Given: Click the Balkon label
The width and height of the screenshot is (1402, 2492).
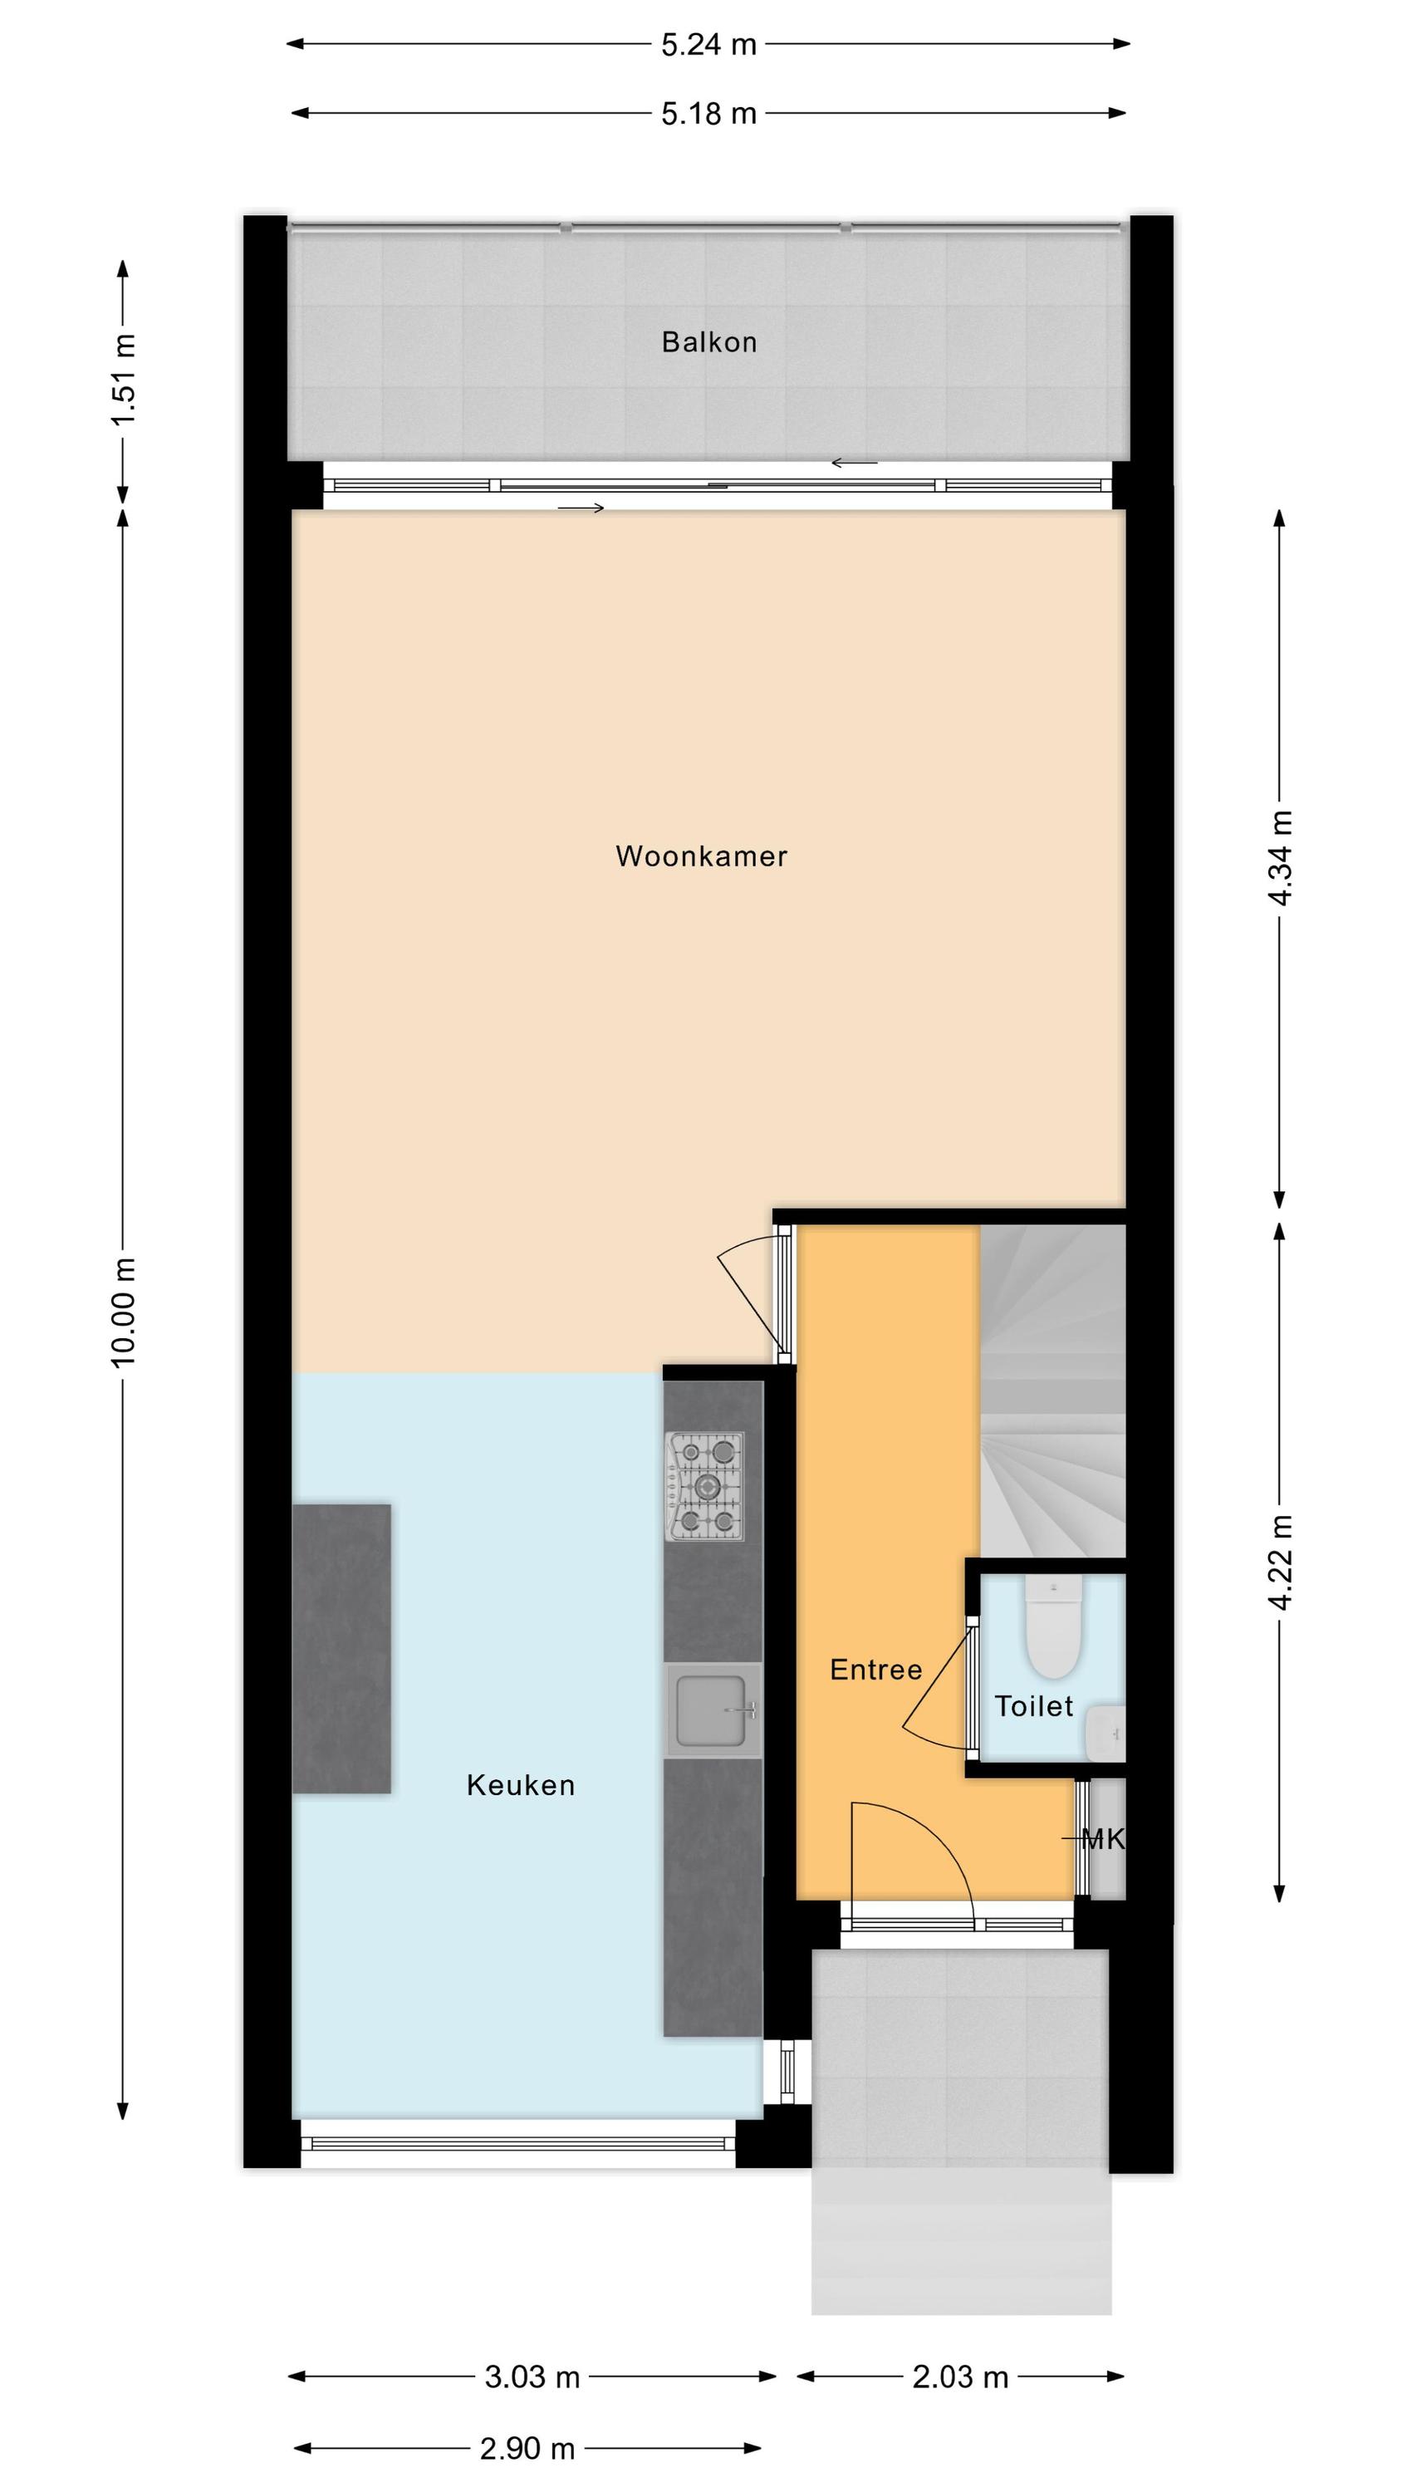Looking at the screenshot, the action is point(709,342).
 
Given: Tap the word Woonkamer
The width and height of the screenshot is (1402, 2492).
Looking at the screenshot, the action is point(702,856).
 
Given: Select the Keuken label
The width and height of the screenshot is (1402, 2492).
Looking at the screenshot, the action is point(521,1785).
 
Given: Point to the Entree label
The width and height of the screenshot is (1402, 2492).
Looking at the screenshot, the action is point(875,1669).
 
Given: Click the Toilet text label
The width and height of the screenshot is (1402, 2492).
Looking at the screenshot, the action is point(1034,1705).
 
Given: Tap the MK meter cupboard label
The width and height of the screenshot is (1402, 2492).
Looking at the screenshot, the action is point(1103,1839).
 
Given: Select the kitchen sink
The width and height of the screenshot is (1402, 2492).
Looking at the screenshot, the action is point(713,1710).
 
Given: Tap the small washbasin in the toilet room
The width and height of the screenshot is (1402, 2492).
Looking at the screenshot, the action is point(1106,1734).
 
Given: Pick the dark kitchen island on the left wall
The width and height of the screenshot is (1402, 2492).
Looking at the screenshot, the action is point(341,1648).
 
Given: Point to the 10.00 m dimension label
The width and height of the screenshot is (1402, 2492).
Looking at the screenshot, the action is point(124,1312).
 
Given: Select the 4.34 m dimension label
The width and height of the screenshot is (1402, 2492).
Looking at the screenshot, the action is point(1280,858).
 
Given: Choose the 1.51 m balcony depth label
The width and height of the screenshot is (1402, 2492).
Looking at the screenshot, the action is point(124,380).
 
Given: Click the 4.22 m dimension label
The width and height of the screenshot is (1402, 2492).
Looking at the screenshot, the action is point(1280,1563).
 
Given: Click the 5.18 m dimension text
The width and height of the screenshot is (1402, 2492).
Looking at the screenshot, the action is point(709,114).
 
